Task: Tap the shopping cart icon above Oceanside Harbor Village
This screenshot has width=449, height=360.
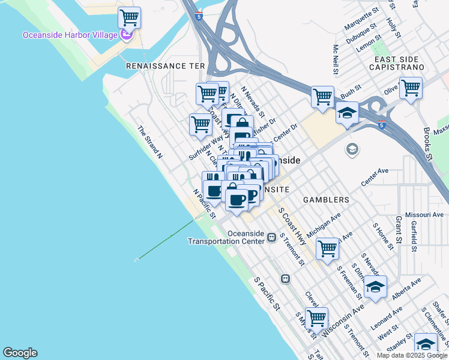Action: pos(129,18)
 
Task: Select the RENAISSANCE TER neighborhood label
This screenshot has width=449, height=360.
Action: pos(166,66)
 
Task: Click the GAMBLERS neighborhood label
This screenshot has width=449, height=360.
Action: pos(326,199)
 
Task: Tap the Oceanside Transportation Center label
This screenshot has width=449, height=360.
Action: pos(226,238)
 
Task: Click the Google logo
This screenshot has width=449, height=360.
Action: pos(20,353)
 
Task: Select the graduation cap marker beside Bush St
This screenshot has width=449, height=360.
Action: pos(347,113)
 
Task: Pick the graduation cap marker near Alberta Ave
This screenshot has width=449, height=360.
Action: pos(375,287)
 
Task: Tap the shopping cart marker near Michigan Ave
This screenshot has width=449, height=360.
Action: pos(328,248)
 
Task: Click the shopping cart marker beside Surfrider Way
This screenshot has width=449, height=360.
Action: pos(200,125)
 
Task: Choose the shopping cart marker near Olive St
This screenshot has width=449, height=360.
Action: pos(411,88)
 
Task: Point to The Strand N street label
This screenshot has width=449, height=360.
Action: pos(150,142)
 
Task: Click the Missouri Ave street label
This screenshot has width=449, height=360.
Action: pos(424,214)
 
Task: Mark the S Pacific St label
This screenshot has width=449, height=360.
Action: pos(267,294)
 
